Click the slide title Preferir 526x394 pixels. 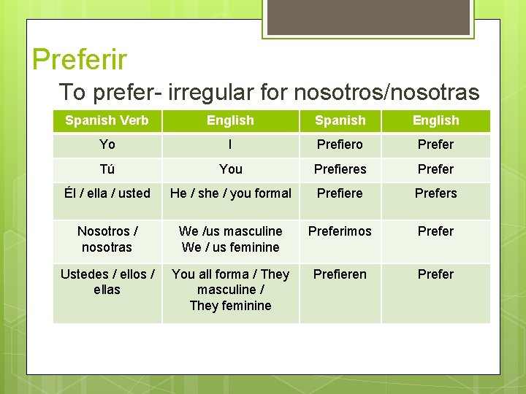80,59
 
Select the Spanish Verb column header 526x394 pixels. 107,120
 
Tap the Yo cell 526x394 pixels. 107,144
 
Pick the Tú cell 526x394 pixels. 107,169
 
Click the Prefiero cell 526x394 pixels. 340,144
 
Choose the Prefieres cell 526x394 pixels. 340,169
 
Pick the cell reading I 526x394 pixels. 230,144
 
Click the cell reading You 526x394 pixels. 230,169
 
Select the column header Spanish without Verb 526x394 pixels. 340,120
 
